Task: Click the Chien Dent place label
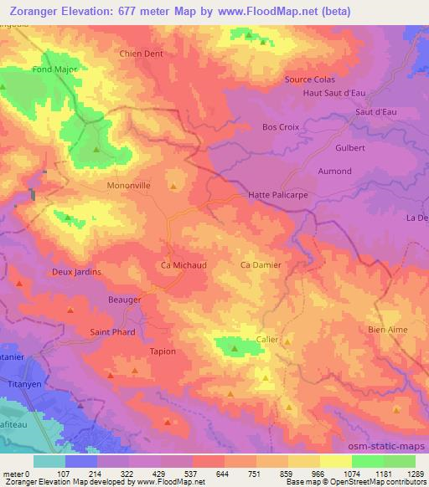(141, 54)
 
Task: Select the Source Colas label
(309, 79)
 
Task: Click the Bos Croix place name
(281, 128)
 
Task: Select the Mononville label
(128, 187)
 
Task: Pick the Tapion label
(163, 351)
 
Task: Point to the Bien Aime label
(387, 330)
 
